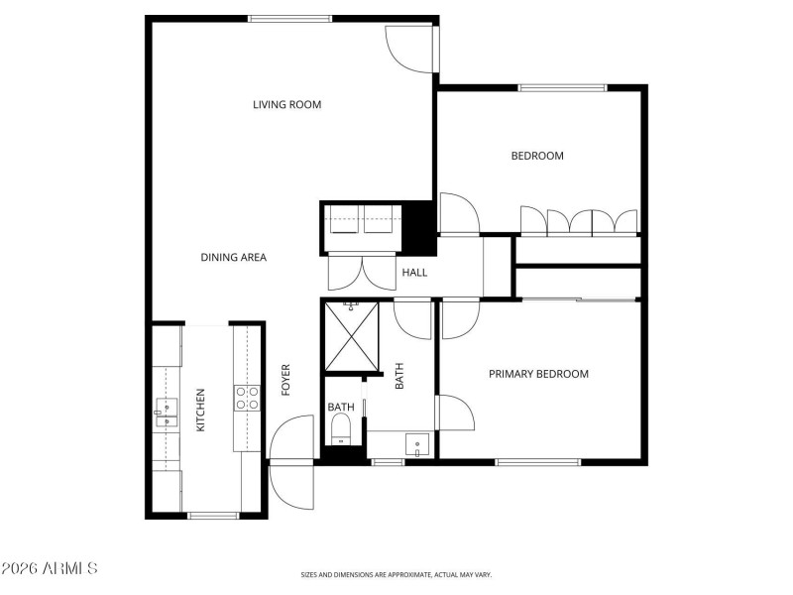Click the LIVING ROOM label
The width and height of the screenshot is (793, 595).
[x=286, y=104]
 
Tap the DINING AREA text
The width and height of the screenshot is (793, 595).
[x=233, y=258]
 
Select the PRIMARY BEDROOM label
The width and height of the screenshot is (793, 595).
[x=538, y=374]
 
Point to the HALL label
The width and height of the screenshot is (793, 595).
[x=414, y=272]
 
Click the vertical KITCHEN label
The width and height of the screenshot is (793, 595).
[x=200, y=410]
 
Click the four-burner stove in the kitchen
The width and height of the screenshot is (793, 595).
[x=248, y=399]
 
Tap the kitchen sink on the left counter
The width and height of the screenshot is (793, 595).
[x=165, y=414]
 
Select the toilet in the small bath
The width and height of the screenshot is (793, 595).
[x=341, y=429]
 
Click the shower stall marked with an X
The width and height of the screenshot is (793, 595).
[x=352, y=337]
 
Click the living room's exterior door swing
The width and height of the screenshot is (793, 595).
[x=408, y=48]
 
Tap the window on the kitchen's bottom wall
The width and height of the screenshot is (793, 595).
[x=213, y=515]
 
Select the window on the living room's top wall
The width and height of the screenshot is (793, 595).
[x=289, y=18]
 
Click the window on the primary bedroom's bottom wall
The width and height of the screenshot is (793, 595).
[x=538, y=462]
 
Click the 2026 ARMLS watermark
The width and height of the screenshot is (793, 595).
[x=50, y=568]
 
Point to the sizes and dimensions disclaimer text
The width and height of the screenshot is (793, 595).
[x=396, y=574]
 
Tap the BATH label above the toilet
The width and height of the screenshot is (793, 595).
[x=341, y=407]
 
